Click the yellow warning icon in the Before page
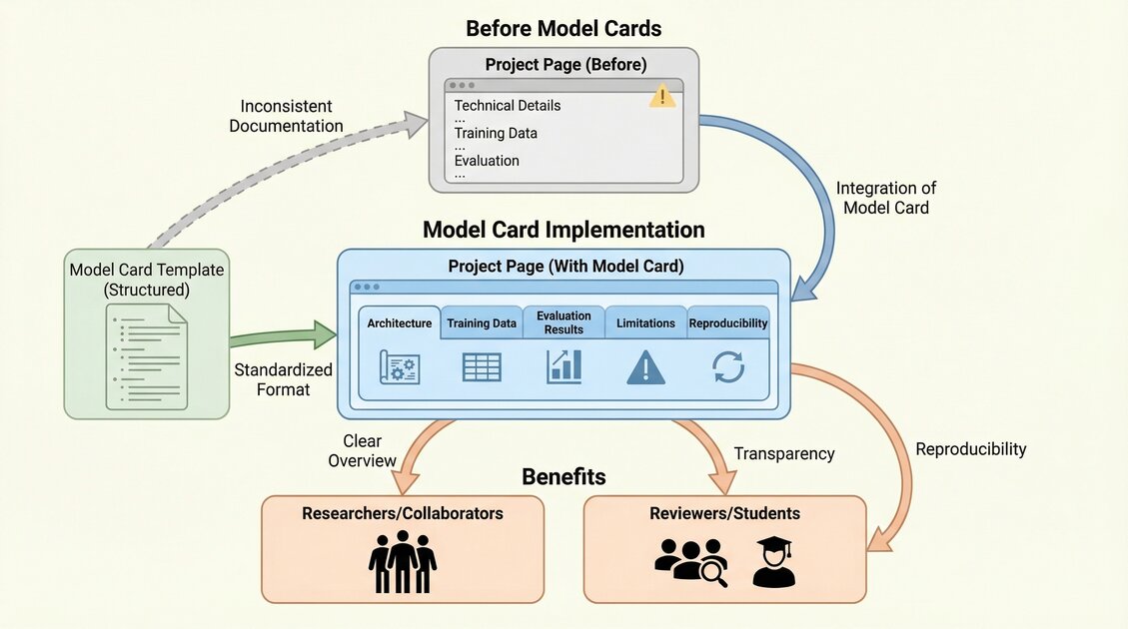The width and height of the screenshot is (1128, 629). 661,96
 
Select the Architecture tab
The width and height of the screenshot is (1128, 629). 399,323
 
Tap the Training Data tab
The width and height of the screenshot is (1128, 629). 482,323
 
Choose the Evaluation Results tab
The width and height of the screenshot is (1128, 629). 564,322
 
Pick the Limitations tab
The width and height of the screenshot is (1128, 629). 645,323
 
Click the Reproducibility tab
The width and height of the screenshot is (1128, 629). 728,323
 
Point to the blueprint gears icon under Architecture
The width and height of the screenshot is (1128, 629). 399,367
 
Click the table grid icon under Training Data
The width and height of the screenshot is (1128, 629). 482,367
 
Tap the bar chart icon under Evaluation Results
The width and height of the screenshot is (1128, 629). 564,367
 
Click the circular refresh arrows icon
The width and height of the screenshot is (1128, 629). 728,367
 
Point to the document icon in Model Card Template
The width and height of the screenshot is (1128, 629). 147,356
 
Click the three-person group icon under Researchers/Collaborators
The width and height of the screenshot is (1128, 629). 403,563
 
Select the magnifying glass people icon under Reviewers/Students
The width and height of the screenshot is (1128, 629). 690,563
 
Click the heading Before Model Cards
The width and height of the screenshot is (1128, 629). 564,28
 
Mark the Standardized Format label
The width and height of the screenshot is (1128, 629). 283,379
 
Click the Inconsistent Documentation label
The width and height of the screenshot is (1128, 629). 287,116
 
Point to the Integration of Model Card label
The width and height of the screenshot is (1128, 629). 885,198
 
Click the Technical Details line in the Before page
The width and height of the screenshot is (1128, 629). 508,106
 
